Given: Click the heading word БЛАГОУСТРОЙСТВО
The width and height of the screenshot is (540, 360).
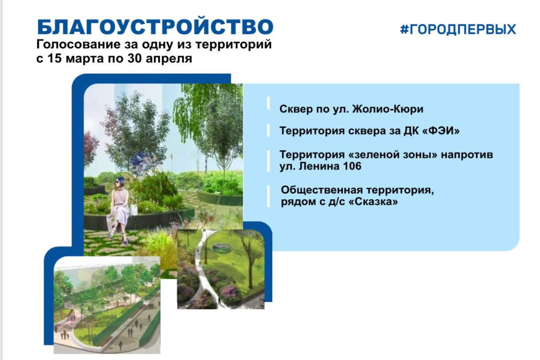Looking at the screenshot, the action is [155, 27].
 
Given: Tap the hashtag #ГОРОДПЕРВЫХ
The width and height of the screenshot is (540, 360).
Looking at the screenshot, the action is [458, 29].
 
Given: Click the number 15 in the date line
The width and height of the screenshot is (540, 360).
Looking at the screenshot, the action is [54, 58].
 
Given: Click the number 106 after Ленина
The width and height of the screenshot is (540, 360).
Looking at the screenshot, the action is [352, 166].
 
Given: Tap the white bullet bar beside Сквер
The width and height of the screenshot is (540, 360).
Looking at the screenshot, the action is [268, 103].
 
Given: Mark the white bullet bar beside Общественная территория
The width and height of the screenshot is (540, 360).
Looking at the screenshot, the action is [269, 196].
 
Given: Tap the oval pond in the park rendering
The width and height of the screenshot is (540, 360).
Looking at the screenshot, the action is [222, 247].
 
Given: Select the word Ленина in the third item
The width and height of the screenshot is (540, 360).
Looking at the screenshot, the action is [319, 166].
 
